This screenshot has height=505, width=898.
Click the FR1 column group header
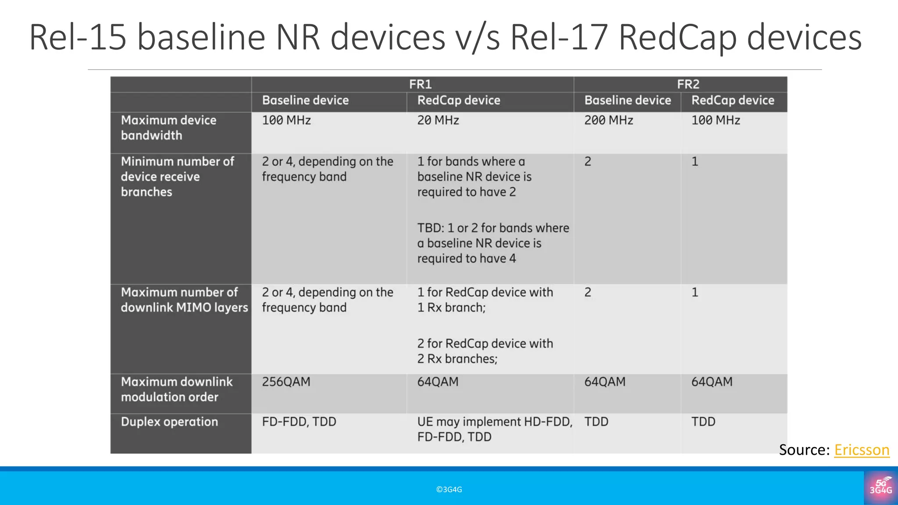coord(420,84)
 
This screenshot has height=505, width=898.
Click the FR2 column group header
coord(688,84)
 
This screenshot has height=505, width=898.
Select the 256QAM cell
coord(286,382)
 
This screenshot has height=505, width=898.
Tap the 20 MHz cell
coord(438,120)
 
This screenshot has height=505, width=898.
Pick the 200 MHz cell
coord(608,120)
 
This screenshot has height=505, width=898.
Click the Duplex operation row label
coord(169,422)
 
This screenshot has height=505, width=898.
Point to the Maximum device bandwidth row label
coord(168,128)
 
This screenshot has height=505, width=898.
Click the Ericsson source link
coord(862,450)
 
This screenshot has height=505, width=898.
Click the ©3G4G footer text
coord(449,490)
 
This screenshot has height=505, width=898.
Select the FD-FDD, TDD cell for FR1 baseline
coord(299,422)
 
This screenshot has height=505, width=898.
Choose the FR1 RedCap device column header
coord(458,100)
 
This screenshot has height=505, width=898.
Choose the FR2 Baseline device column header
coord(627,100)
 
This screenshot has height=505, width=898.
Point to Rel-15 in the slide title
coord(78,38)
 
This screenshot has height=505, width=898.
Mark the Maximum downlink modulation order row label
coord(176,389)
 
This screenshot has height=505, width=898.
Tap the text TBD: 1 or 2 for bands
coord(493,228)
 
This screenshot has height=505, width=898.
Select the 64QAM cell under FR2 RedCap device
coord(712,382)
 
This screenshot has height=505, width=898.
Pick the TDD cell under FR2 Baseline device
coord(596,422)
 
